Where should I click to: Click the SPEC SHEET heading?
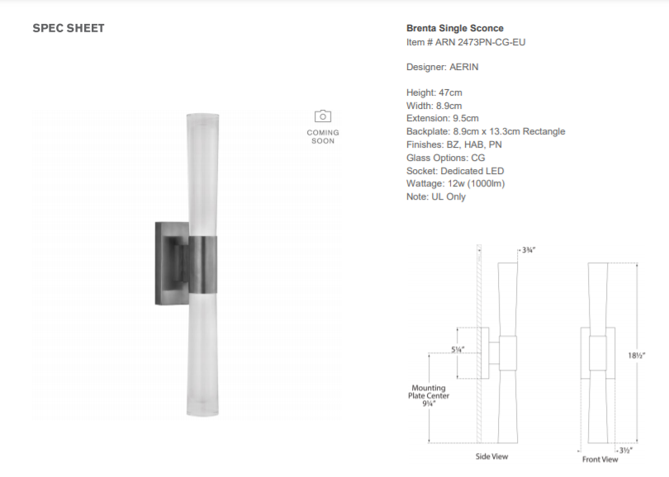point(69,28)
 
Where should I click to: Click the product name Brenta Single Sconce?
point(455,28)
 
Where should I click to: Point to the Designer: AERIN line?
point(443,67)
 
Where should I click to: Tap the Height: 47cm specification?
point(434,92)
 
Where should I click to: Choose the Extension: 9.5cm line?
point(443,118)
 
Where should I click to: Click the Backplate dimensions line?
point(486,131)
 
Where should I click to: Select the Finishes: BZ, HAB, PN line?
point(454,144)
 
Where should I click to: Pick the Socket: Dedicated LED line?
point(455,171)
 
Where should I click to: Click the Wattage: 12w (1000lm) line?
point(456,184)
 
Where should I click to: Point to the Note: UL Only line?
point(436,196)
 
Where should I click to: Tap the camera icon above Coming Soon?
point(323,116)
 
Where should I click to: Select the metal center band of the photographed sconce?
point(202,265)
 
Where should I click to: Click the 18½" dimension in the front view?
point(636,355)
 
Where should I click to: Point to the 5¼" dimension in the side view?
point(458,350)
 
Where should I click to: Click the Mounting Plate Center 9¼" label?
point(429,395)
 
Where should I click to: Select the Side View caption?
point(491,456)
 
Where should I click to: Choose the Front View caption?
point(600,459)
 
